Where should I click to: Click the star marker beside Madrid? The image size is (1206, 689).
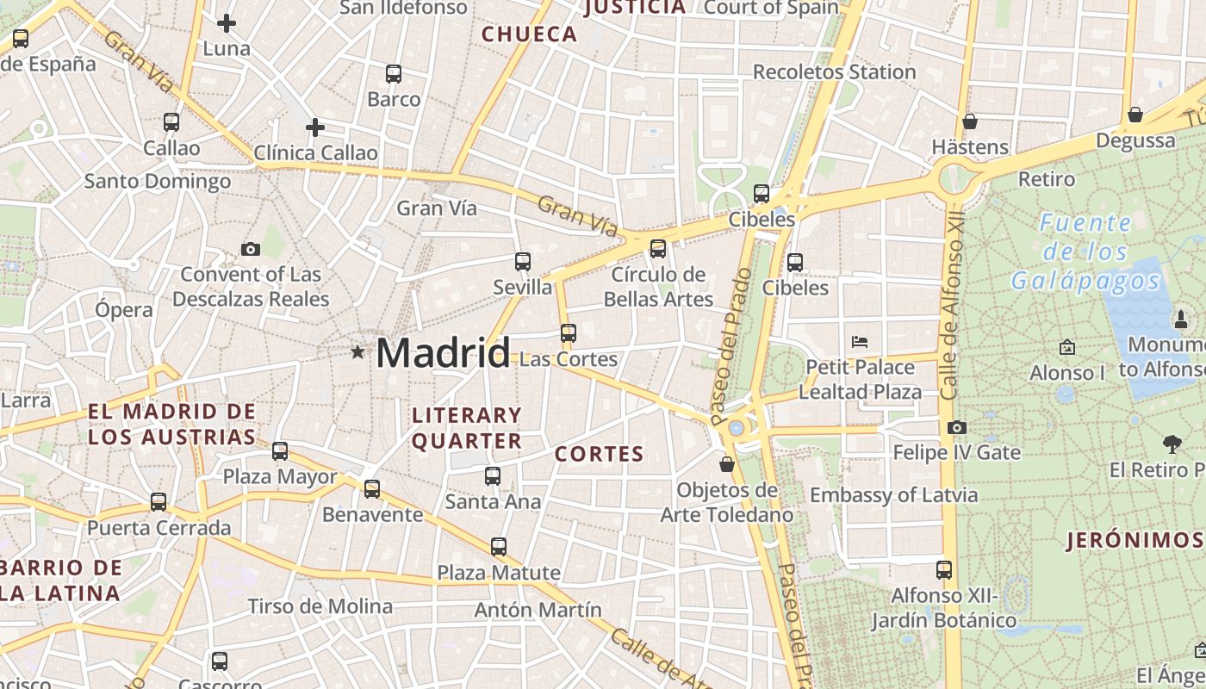(357, 351)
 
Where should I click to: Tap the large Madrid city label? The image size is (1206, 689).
(443, 353)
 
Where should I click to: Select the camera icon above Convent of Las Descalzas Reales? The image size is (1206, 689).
(251, 250)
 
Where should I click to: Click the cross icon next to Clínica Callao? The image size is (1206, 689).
(315, 128)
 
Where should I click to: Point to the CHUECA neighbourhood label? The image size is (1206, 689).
(529, 34)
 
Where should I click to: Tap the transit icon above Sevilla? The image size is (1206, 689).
(523, 262)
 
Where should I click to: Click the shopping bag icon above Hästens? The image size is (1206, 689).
(970, 121)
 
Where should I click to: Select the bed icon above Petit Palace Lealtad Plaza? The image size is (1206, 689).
(859, 342)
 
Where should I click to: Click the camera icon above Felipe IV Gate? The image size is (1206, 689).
(956, 427)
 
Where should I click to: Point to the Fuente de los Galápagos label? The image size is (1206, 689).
(1085, 251)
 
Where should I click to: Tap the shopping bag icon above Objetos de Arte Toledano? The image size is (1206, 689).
(727, 464)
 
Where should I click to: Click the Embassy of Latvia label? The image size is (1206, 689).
(893, 495)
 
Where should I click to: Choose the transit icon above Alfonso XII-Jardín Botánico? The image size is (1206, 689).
(944, 569)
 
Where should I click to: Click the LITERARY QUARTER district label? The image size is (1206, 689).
(467, 428)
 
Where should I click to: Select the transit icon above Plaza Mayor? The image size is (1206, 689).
(280, 450)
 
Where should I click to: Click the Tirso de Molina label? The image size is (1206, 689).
(320, 606)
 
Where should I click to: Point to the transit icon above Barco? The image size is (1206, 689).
(394, 74)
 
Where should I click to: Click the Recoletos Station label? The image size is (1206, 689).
(834, 72)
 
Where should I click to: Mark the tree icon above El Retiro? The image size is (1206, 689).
(1172, 444)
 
